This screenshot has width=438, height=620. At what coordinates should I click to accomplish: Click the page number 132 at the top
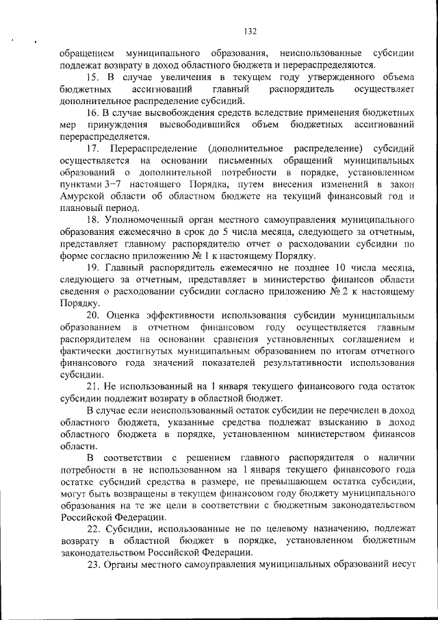(249, 31)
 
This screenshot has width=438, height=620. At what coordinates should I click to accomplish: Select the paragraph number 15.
(93, 77)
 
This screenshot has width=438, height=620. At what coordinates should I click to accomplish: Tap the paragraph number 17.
(93, 149)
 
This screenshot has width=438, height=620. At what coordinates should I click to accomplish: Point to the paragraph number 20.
(93, 316)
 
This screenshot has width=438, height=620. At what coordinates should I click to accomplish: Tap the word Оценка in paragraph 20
(126, 316)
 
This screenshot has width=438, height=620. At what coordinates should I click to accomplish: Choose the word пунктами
(82, 185)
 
